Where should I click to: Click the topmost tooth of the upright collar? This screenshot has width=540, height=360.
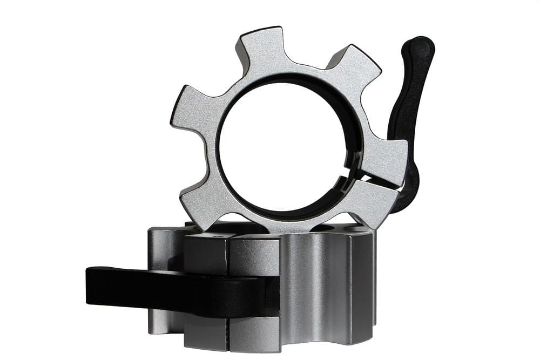[x=263, y=47]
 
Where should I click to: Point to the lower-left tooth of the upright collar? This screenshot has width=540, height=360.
[x=202, y=200]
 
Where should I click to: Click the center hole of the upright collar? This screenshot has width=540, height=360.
[x=281, y=146]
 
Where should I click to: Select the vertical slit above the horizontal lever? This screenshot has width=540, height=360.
[x=227, y=254]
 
